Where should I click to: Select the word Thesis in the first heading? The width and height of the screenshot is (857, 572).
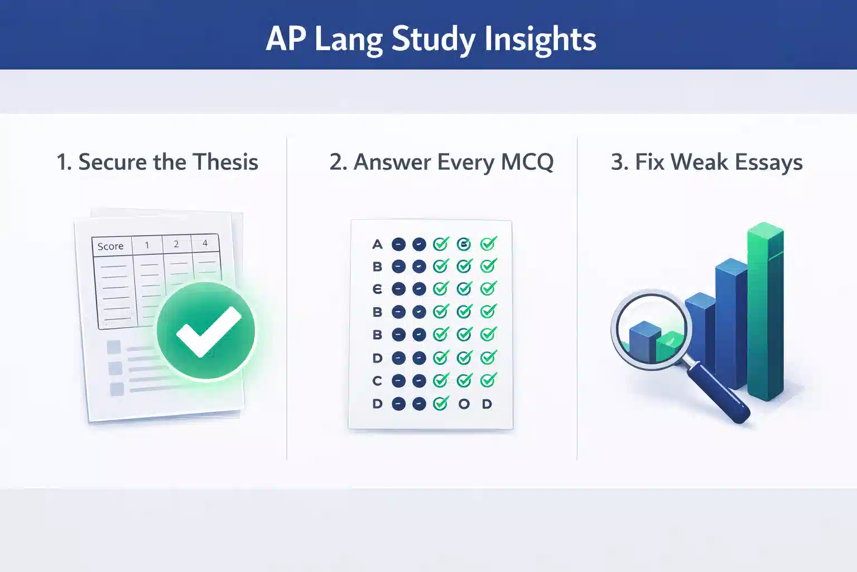[x=227, y=162]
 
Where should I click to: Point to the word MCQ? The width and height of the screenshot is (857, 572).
[x=527, y=162]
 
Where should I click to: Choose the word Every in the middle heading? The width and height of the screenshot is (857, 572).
[x=465, y=162]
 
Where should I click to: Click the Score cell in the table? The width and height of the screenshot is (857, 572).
[x=110, y=246]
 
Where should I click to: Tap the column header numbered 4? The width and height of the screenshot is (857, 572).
[x=205, y=244]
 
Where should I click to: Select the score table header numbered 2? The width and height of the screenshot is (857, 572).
[x=176, y=244]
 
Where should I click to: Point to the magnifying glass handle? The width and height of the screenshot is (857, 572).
[x=719, y=391]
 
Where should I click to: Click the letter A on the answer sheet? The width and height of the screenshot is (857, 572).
[x=377, y=244]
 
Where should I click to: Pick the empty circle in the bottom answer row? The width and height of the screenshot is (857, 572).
[x=464, y=404]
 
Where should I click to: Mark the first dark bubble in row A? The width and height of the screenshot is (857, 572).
[x=398, y=244]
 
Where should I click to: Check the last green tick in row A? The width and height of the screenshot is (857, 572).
[x=488, y=244]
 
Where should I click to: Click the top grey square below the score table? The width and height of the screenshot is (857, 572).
[x=114, y=347]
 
